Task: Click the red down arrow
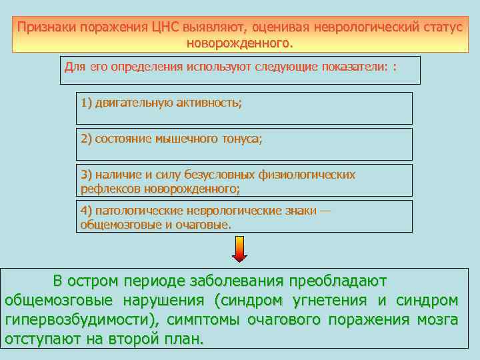(x=239, y=250)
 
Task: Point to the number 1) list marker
(x=86, y=103)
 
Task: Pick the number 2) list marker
(x=86, y=139)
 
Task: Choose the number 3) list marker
(x=86, y=175)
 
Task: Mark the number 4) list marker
(x=86, y=211)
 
